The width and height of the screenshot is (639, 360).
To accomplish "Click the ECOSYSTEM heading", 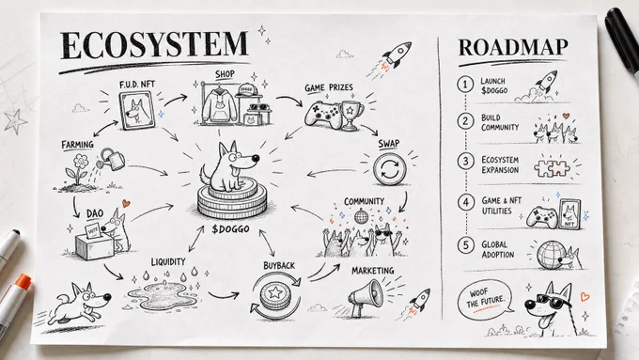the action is tap(154, 45).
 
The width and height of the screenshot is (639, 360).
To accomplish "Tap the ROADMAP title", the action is tap(513, 48).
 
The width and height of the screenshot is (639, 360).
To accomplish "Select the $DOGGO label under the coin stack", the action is tap(230, 229).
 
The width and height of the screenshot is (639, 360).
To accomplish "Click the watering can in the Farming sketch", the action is tap(112, 159).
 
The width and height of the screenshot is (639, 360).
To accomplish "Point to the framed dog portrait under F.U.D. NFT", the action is tap(137, 111).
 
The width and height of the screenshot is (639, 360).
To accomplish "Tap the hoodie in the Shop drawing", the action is tap(220, 104).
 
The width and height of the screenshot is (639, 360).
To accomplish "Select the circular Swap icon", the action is tap(389, 169).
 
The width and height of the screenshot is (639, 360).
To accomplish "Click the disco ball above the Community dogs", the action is tap(361, 215).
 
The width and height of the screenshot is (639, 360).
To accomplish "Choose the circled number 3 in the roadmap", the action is tap(465, 162).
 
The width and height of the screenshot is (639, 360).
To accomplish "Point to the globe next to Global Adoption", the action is tap(551, 256).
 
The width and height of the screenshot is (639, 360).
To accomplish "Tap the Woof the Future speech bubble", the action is tap(485, 300).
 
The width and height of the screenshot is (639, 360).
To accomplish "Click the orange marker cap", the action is tap(23, 282).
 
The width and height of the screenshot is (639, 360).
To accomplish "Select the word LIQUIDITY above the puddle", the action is tap(168, 261).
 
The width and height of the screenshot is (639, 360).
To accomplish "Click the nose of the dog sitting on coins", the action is tap(255, 158).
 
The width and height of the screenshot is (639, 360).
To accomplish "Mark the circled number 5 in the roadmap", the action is tap(466, 245).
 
